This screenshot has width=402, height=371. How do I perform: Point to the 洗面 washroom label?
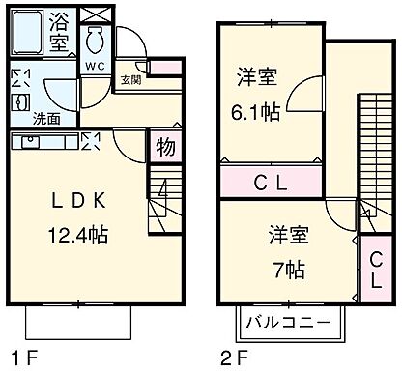(44, 120)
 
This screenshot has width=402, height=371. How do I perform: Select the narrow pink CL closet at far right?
(373, 270)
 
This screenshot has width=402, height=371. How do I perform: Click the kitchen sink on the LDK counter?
(29, 142)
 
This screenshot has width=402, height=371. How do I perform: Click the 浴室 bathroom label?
(59, 30)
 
